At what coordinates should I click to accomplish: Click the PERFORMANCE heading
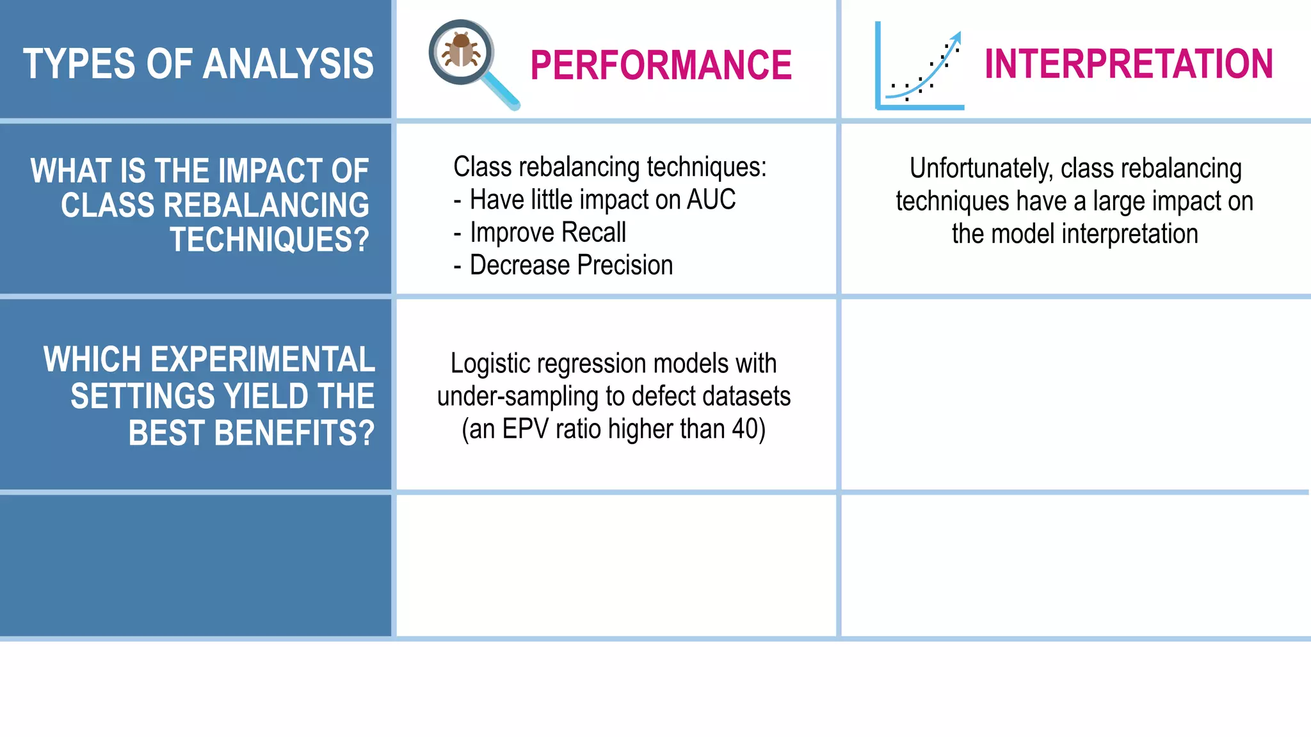[x=661, y=65]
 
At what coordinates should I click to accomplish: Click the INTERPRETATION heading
[x=1129, y=64]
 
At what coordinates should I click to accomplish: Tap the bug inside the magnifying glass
[x=461, y=51]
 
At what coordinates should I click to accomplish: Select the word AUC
[x=711, y=200]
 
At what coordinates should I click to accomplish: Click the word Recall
[x=594, y=232]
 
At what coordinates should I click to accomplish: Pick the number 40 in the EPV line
[x=745, y=429]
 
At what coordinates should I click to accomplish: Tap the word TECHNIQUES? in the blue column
[x=269, y=240]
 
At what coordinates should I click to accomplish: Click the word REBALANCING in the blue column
[x=266, y=206]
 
